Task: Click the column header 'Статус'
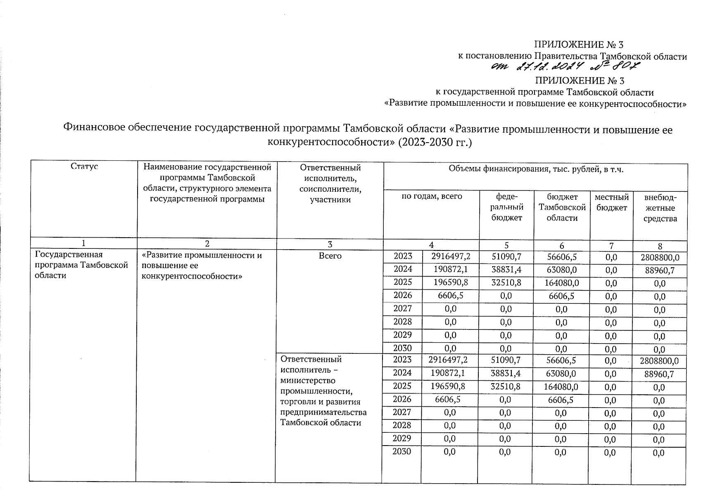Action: pos(84,167)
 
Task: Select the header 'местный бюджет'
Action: pos(611,203)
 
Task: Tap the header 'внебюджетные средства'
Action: pos(660,208)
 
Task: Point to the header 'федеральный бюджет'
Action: pos(506,207)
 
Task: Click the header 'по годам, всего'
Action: pos(432,197)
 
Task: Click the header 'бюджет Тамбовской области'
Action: pos(562,207)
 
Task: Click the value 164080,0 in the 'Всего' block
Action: pos(561,283)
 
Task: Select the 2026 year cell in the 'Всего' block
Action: pos(403,296)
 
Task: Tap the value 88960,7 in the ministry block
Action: pos(660,374)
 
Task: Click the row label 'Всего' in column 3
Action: pos(330,256)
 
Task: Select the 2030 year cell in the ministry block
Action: pos(402,452)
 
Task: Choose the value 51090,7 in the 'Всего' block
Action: pos(506,257)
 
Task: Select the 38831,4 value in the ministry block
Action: pos(506,373)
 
